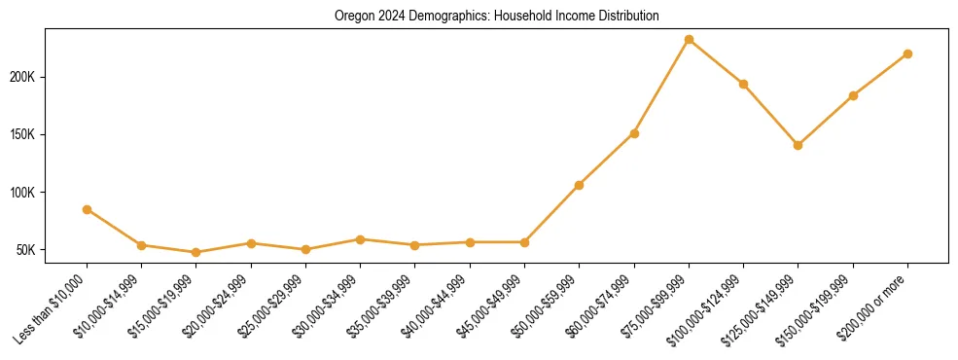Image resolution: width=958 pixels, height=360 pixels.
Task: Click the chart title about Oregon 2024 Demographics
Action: coord(496,17)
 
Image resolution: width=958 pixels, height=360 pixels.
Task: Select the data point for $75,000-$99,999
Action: coord(689,40)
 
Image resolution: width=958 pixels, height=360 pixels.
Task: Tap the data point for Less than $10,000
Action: coord(87,209)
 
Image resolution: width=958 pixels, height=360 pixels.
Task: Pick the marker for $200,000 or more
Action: coord(907,54)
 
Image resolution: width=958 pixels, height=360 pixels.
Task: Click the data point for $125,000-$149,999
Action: coord(798,145)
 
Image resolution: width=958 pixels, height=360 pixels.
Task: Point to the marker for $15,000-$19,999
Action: coord(195,252)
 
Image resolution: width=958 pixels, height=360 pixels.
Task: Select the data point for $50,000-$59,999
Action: coord(579,185)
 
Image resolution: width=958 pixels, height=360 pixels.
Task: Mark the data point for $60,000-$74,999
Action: coord(634,133)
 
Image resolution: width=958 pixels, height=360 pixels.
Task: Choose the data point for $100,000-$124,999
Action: coord(743,84)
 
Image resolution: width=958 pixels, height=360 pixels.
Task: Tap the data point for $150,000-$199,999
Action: coord(853,95)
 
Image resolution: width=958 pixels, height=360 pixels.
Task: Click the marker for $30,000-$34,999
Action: coord(360,239)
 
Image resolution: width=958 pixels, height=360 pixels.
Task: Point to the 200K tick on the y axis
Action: coord(24,77)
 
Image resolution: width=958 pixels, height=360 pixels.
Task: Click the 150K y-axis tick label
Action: coord(24,134)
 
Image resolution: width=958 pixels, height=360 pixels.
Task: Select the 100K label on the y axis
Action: coord(24,193)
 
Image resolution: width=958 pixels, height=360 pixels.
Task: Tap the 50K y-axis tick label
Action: coord(27,250)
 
